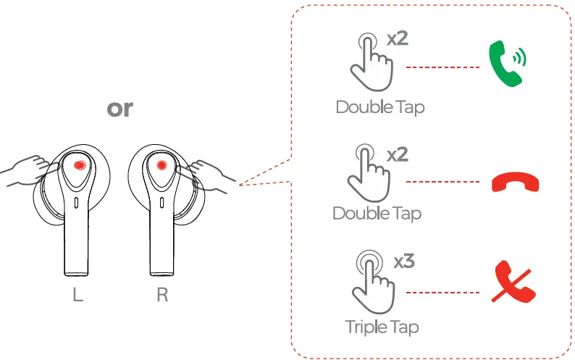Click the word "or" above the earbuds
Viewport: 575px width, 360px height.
pos(119,109)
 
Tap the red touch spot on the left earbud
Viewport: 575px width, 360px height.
pos(80,166)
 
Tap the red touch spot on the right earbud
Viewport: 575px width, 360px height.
pos(161,166)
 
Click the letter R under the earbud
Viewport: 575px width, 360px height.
pos(162,297)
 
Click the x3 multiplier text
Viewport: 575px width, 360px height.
pos(403,261)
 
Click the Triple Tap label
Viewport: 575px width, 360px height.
pos(382,327)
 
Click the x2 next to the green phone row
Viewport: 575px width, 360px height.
pos(397,38)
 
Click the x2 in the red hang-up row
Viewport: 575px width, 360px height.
pos(398,155)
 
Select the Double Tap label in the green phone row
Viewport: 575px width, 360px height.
pos(379,107)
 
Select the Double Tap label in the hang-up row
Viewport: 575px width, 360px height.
pos(377,214)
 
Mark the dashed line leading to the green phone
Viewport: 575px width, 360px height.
pos(442,67)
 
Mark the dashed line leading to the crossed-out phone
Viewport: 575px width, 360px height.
pos(442,293)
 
